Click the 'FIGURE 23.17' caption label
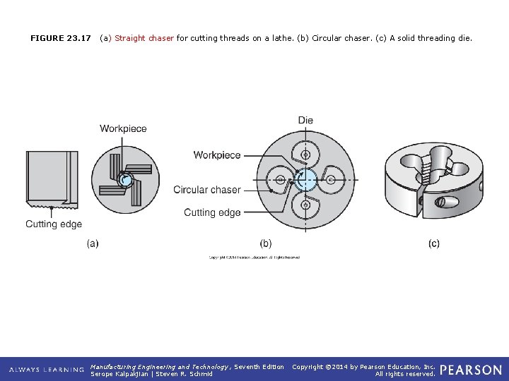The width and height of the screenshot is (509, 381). pos(61,38)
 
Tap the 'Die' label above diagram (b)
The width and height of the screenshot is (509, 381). pos(305,121)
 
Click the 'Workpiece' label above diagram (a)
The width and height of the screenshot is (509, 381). pos(123,128)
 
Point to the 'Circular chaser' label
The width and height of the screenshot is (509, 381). pos(207,190)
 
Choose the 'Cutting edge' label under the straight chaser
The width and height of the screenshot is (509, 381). pos(54,224)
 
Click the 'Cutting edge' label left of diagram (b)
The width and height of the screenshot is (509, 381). pos(212,212)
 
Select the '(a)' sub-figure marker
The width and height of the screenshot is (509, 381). pos(93,243)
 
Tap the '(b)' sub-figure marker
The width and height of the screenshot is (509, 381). pos(265,243)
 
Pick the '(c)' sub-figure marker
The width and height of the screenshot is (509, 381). pos(433,243)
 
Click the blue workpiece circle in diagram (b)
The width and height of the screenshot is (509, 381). pos(305,180)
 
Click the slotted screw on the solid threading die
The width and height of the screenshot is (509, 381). pos(439,202)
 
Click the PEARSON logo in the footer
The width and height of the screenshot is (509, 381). pos(472,370)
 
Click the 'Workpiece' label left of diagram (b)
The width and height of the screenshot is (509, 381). pos(217,155)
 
